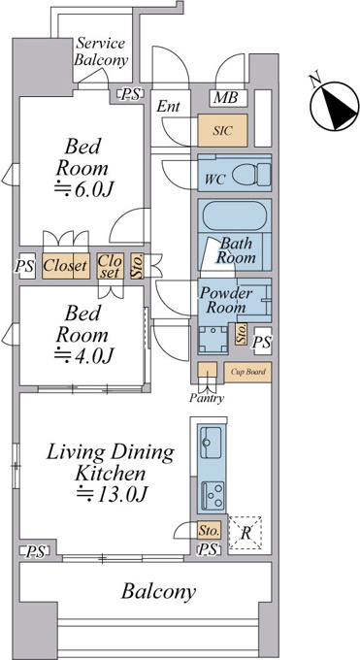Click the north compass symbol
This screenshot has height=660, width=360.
[x=334, y=105]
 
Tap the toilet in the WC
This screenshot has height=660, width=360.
[x=251, y=175]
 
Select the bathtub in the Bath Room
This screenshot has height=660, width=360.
[x=235, y=215]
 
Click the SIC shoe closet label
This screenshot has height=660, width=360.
[x=222, y=130]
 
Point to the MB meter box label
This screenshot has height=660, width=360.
[x=225, y=98]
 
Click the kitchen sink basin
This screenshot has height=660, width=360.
[x=212, y=443]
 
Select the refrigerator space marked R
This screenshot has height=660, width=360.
[x=245, y=533]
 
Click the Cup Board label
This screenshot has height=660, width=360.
[x=248, y=372]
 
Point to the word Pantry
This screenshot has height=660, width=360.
[x=207, y=398]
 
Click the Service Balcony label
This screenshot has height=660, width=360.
[x=101, y=51]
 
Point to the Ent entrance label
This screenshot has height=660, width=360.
[x=168, y=107]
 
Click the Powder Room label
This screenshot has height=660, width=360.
[x=225, y=300]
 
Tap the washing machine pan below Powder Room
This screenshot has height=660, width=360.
[x=213, y=340]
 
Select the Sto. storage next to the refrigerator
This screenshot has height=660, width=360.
[x=209, y=530]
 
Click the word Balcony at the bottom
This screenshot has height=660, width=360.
[x=158, y=591]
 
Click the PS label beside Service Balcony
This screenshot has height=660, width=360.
[x=130, y=95]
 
